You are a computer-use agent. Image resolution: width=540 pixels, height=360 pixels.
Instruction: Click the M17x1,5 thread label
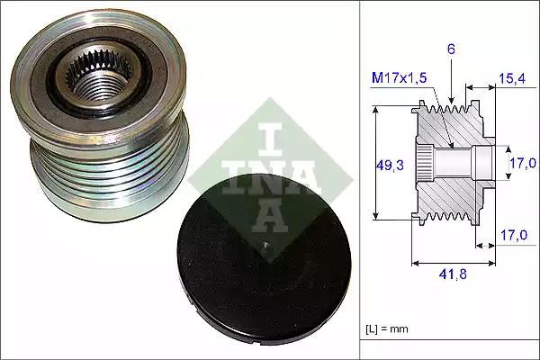click(400, 79)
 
